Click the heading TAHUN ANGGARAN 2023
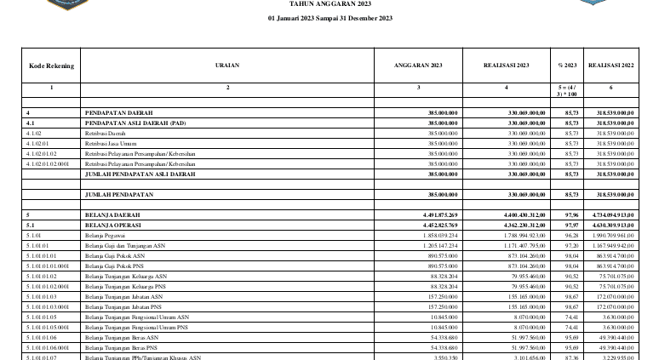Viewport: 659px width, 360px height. (329, 4)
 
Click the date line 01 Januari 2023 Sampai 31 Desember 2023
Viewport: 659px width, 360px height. (329, 18)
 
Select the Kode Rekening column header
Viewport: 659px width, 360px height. (51, 66)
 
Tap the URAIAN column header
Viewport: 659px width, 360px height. (227, 66)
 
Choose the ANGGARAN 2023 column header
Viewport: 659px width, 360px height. (418, 66)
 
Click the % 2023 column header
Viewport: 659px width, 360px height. (567, 66)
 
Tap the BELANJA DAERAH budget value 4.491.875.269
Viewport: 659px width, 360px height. (434, 215)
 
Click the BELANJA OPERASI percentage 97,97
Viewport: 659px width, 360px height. (567, 226)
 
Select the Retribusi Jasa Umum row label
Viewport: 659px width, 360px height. (109, 144)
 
